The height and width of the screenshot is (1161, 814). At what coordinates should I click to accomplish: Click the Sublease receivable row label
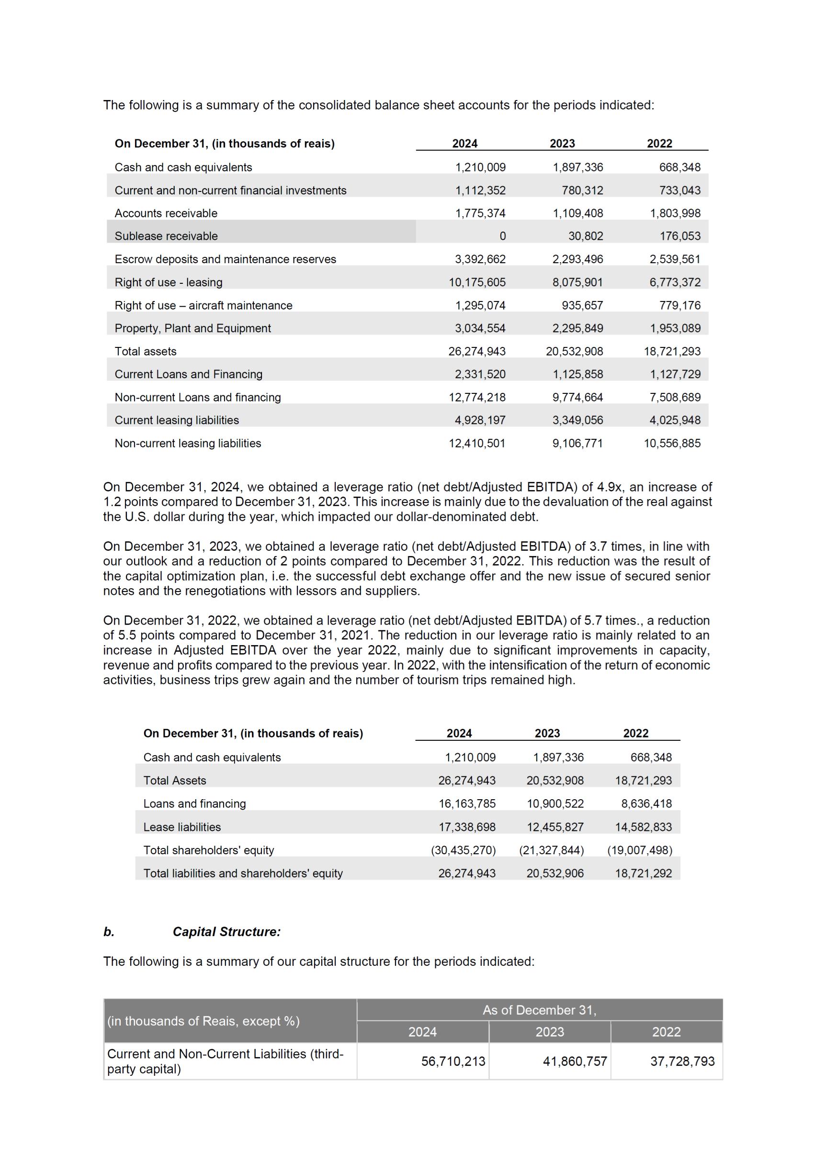(166, 236)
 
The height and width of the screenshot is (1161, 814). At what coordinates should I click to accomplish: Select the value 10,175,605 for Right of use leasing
(476, 282)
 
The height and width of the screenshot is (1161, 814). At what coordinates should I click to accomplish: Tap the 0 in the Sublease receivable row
(502, 236)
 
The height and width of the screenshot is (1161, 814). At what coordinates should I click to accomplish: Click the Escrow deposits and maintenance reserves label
(225, 259)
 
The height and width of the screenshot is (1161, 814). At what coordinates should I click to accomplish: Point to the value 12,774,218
(476, 398)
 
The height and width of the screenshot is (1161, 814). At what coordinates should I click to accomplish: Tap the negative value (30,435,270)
(463, 850)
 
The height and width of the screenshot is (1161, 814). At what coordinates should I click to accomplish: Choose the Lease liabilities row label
(182, 827)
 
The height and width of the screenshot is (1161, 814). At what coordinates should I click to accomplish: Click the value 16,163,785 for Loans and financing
(466, 804)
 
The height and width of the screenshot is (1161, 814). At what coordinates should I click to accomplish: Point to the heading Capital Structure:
(226, 931)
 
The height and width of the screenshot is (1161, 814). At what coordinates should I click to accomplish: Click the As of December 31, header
(539, 1010)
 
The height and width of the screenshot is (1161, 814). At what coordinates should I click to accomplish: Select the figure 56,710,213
(453, 1061)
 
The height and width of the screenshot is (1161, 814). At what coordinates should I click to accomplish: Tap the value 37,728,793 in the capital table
(682, 1061)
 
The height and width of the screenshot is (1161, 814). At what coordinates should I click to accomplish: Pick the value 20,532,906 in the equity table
(554, 873)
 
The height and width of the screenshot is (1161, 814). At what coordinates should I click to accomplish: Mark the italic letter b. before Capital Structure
(109, 931)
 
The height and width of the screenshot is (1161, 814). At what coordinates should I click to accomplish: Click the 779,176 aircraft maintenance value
(679, 305)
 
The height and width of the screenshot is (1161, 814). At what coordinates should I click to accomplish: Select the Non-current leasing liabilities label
(188, 444)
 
